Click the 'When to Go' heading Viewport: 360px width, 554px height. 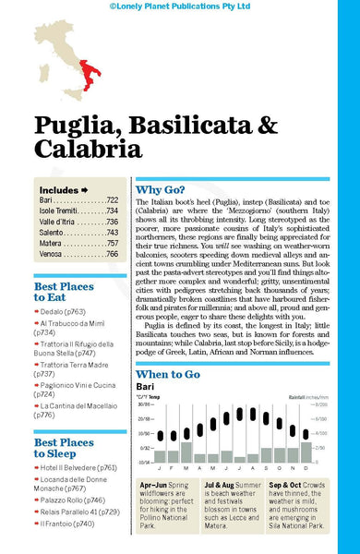[x=168, y=349]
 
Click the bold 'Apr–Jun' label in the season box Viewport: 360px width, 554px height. [x=152, y=485]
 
